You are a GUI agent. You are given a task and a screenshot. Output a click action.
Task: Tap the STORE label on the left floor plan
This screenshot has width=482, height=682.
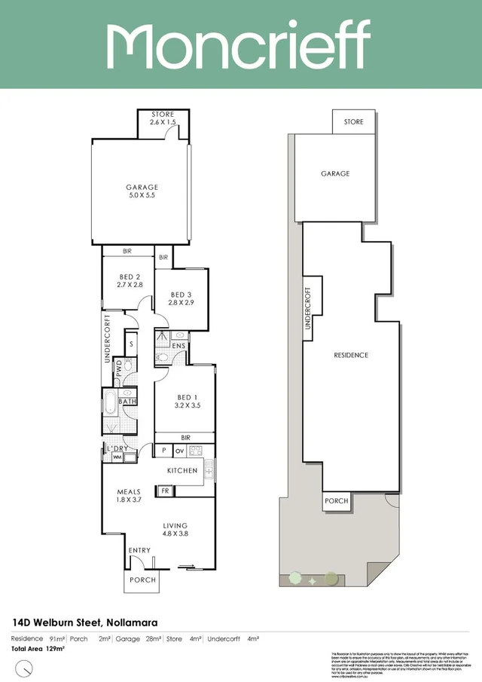pos(163,118)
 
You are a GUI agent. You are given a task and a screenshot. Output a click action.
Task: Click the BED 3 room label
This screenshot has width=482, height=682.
pos(182,298)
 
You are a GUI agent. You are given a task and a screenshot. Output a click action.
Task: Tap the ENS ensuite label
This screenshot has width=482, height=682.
pos(178,346)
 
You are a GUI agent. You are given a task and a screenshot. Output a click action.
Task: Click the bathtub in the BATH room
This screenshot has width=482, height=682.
pos(109,402)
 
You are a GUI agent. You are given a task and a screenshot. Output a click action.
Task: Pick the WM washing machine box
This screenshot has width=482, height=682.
pos(117,457)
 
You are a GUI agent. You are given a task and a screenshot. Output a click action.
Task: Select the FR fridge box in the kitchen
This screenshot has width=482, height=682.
pos(165,491)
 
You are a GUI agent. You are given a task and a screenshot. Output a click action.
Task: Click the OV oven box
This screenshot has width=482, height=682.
pos(179,451)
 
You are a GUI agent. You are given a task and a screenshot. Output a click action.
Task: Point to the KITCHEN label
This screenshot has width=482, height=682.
pos(182,471)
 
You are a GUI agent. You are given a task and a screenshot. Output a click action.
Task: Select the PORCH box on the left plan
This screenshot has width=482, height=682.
pos(142,580)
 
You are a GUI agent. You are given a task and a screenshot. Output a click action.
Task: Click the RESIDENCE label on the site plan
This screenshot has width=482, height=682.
pos(351,355)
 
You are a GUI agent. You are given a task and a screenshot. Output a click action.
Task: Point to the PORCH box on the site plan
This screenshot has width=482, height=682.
pos(336,500)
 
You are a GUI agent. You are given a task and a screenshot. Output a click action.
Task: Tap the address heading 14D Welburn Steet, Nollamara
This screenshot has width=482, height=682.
pos(89,622)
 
